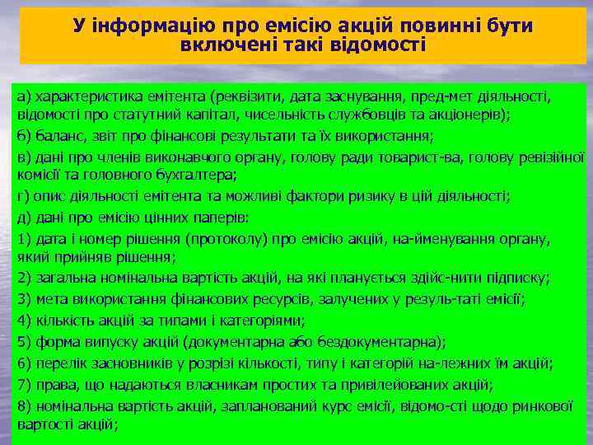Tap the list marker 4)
tap(23, 320)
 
